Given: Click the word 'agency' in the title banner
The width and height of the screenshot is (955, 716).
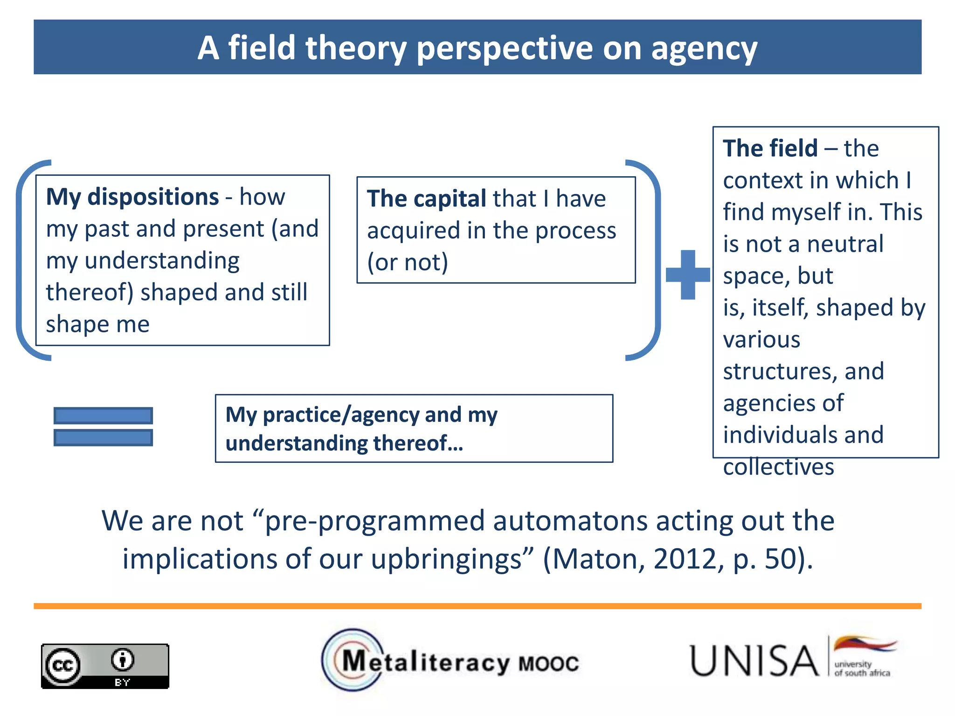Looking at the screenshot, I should [704, 49].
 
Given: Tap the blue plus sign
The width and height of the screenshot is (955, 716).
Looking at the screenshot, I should [687, 275].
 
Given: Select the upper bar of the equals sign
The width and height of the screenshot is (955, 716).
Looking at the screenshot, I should [103, 415].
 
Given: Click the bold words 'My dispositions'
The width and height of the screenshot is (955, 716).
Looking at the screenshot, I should [132, 197].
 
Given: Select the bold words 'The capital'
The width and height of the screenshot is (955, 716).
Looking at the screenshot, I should [426, 199].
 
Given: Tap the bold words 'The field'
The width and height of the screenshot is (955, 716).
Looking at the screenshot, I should [770, 149].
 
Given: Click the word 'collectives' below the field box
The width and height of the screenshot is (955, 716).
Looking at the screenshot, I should [778, 467].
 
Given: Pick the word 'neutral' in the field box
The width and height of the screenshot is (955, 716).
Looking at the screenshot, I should [844, 244].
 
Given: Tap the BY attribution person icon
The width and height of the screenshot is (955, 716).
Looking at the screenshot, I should [123, 660].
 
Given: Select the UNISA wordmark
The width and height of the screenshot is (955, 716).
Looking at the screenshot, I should [754, 661].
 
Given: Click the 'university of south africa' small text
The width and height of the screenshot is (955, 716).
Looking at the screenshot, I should [861, 669].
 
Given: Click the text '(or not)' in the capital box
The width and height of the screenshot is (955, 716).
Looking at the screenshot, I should [407, 262].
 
